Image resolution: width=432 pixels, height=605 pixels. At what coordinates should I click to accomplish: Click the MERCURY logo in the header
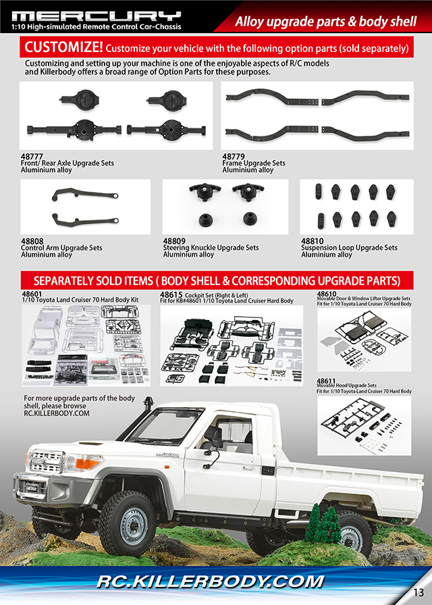click(97, 16)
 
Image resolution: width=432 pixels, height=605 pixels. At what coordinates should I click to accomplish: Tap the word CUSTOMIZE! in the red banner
click(63, 47)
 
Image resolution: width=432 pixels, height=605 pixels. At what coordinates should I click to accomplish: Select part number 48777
click(32, 157)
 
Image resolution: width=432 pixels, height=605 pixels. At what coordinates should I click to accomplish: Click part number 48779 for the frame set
click(234, 157)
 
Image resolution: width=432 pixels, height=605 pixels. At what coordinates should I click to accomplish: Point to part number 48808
click(32, 241)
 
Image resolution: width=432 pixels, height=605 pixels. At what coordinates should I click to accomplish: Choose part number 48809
click(174, 241)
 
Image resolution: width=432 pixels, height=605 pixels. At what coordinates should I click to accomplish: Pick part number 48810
click(313, 241)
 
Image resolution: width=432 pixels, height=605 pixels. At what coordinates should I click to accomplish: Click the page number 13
click(418, 592)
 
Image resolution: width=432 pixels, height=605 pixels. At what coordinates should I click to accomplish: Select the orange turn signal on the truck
click(87, 463)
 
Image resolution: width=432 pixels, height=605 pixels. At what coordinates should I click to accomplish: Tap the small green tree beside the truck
click(323, 525)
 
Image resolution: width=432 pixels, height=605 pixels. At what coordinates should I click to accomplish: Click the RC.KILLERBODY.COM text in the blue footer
click(210, 581)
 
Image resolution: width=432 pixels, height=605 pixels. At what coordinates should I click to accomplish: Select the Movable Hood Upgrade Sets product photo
click(364, 425)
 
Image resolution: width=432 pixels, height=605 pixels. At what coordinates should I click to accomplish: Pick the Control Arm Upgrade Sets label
click(61, 248)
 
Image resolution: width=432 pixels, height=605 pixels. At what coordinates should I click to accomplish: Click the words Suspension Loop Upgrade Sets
click(349, 248)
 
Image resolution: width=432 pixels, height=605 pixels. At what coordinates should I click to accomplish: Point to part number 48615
click(171, 295)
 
